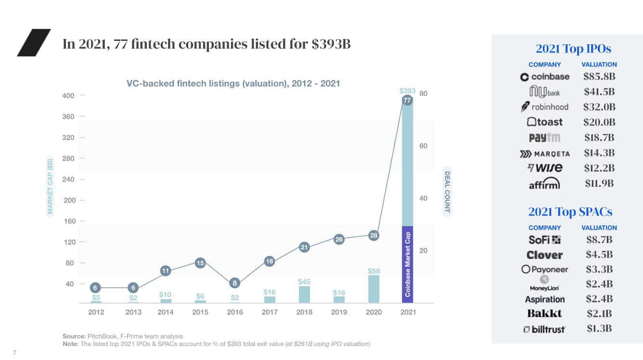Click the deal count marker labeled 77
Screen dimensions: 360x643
(x=408, y=100)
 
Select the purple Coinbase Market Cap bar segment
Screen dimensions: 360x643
(x=408, y=264)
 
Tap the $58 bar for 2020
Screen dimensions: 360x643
(x=374, y=289)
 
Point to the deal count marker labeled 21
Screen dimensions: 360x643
(x=304, y=247)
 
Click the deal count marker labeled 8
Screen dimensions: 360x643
(x=235, y=283)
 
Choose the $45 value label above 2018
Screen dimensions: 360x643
(x=304, y=282)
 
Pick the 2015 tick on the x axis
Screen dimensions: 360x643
(x=200, y=312)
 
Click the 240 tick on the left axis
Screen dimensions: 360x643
(x=68, y=179)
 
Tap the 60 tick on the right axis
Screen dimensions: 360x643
(x=424, y=146)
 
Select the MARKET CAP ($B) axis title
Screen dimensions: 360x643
(x=50, y=185)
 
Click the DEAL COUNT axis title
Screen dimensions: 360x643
(x=447, y=192)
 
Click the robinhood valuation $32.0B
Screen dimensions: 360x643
(x=599, y=107)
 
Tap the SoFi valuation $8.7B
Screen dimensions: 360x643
(x=599, y=239)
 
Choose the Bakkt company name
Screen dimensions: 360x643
(x=545, y=314)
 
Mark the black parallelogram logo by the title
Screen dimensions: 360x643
(x=34, y=42)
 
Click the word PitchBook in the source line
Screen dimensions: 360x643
(x=102, y=336)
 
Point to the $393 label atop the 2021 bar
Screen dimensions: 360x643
(x=407, y=90)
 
